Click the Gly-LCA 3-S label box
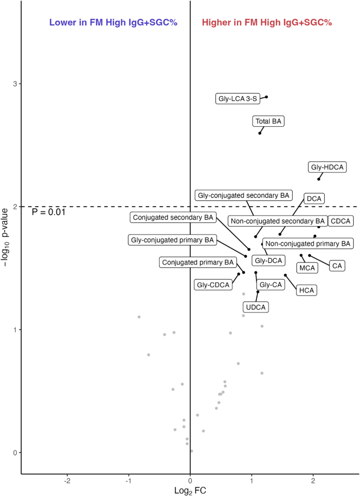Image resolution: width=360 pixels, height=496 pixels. tap(236, 98)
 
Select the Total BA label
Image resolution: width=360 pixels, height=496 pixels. tap(269, 122)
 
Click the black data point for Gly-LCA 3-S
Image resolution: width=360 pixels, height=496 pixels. tap(266, 97)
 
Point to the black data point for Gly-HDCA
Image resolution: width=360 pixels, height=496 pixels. tap(318, 179)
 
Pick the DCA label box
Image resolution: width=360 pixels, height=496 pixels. tap(314, 198)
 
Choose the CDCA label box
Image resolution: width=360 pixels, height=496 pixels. tap(341, 221)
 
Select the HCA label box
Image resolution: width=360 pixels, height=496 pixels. tap(306, 290)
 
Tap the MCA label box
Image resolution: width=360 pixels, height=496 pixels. tap(307, 268)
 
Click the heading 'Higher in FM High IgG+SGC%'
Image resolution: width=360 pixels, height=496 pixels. tap(267, 23)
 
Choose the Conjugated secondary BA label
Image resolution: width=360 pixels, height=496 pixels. tap(173, 217)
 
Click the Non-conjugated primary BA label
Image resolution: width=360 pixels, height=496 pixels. tap(307, 244)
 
